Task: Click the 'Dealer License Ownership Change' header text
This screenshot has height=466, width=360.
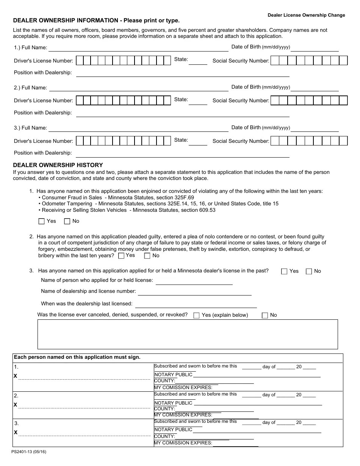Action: pos(306,15)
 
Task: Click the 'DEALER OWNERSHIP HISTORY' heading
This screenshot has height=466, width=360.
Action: pos(58,165)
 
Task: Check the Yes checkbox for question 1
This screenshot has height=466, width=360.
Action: pos(41,221)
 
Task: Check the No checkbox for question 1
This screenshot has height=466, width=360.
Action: pos(67,221)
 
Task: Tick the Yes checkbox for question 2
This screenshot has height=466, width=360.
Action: pos(121,256)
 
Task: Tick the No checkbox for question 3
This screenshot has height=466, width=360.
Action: pos(309,271)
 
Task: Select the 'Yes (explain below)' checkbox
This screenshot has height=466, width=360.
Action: pos(196,315)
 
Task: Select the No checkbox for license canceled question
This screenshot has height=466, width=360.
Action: pos(265,315)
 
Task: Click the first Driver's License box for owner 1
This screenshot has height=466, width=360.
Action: pos(80,61)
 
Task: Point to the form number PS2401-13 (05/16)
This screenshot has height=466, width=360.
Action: pos(29,452)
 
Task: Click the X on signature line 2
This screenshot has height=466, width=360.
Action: pos(16,405)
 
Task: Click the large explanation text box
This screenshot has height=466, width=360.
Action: pos(188,334)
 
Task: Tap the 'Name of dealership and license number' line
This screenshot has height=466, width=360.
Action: pos(194,292)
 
